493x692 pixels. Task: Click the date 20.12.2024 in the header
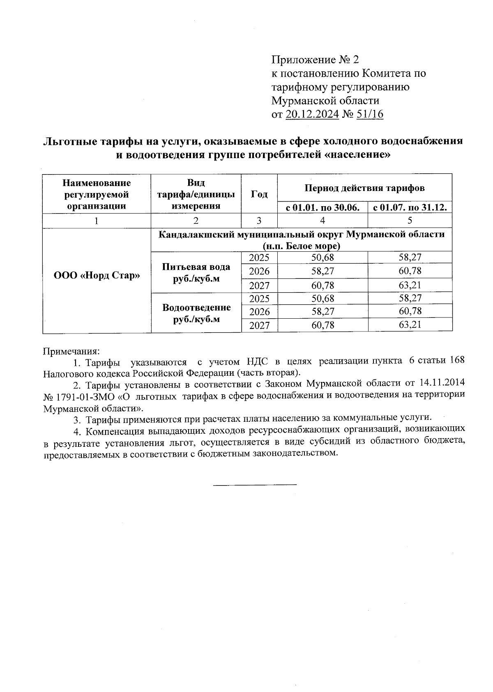click(x=312, y=114)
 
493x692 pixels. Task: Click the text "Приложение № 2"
click(x=315, y=60)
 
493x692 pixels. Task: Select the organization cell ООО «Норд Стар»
click(x=97, y=275)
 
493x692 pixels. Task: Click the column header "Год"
click(x=259, y=194)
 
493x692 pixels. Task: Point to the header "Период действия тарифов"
click(x=364, y=188)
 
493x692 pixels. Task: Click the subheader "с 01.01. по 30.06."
click(x=323, y=207)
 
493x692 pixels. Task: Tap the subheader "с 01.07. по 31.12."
click(x=410, y=207)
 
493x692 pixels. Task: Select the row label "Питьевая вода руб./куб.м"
click(x=196, y=272)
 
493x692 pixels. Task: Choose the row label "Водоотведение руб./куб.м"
click(x=196, y=313)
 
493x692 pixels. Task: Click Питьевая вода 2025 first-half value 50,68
click(x=323, y=258)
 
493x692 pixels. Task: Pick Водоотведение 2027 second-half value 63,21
click(x=410, y=325)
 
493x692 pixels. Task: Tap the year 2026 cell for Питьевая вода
click(x=259, y=271)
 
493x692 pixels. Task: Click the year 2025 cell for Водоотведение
click(x=259, y=298)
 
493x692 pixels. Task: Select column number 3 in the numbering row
click(x=259, y=221)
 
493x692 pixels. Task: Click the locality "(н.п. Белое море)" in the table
click(x=302, y=246)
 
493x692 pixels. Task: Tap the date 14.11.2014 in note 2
click(x=442, y=383)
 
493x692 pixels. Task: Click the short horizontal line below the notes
click(x=255, y=485)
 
